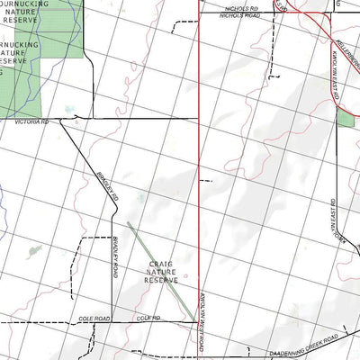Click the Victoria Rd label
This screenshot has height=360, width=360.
pyautogui.click(x=31, y=121)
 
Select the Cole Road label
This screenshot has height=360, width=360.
pyautogui.click(x=94, y=319)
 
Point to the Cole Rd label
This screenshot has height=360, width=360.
pyautogui.click(x=148, y=319)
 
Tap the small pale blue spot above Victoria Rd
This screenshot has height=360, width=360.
pyautogui.click(x=68, y=110)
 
